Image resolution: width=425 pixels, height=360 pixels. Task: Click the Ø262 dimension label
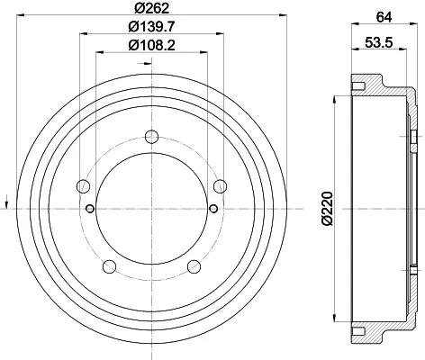tap(152, 8)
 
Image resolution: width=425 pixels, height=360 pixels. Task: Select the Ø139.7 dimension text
tap(151, 27)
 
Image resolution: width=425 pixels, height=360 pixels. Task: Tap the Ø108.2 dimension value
tap(151, 45)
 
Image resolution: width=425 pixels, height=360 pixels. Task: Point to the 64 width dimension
tap(384, 17)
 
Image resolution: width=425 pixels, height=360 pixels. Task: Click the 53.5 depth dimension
tap(379, 42)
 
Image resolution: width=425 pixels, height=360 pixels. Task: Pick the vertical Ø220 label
tap(328, 208)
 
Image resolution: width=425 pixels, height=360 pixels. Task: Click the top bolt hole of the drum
tap(151, 137)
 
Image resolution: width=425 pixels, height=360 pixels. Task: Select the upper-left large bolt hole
tap(84, 186)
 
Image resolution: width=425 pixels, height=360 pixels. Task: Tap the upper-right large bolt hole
tap(220, 186)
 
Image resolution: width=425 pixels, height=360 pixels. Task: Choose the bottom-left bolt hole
tap(110, 266)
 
